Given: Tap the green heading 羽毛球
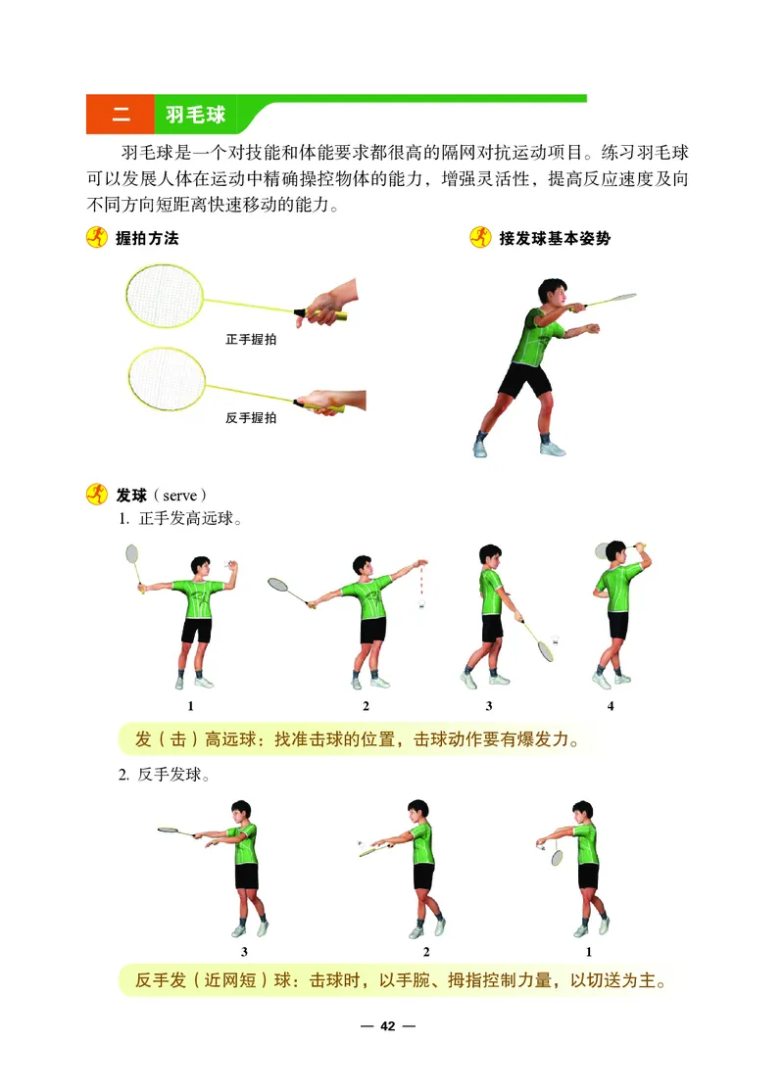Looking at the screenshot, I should (x=195, y=116).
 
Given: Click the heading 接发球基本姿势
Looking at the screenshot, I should (x=554, y=238).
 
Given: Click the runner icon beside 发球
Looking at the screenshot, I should (x=97, y=495).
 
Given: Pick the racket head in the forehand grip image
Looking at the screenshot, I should (x=164, y=297).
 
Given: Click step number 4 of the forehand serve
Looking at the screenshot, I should (x=611, y=706).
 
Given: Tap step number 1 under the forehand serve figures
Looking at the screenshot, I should (x=189, y=706).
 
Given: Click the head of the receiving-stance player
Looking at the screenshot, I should (x=550, y=293).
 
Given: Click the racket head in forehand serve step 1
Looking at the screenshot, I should (x=132, y=555).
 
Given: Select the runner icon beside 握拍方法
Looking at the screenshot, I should (x=97, y=238).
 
